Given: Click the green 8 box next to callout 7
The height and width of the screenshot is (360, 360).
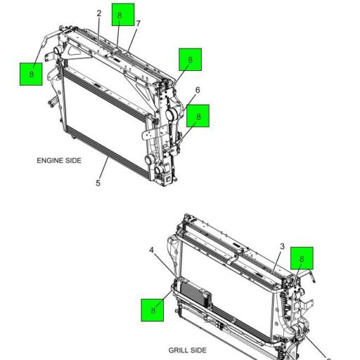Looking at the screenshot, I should click(122, 15).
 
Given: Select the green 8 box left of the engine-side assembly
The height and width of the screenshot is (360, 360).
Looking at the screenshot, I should click(30, 72).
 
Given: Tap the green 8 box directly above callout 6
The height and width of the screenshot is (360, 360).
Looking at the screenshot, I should click(190, 60).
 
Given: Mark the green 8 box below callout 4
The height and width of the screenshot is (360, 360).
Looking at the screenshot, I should click(153, 309).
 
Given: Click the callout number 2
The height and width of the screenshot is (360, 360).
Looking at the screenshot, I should click(99, 13).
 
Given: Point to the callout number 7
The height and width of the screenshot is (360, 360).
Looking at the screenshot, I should click(139, 24).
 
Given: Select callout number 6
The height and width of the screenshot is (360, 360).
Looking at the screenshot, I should click(198, 91).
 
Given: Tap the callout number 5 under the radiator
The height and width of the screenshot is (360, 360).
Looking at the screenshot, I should click(98, 184).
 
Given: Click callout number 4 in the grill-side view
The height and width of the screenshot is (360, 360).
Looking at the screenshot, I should click(151, 249).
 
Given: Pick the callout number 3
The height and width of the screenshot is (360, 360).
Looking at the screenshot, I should click(282, 247).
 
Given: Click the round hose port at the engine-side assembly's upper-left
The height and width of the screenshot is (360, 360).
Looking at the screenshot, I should click(51, 54).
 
